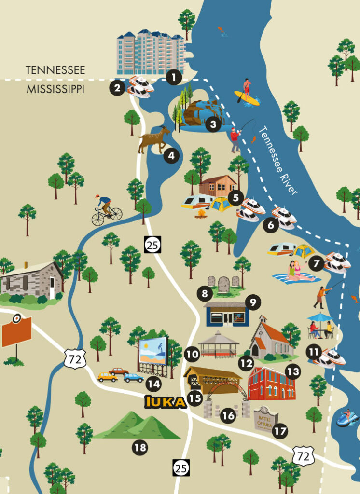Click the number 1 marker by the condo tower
[x=173, y=76]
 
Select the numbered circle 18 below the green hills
[x=140, y=448]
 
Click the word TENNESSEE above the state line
[x=55, y=70]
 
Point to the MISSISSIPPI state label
[x=55, y=89]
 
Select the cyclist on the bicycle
[x=106, y=210]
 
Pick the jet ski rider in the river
[x=346, y=417]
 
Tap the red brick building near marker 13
[x=271, y=383]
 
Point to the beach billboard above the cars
[x=152, y=351]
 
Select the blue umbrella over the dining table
[x=319, y=317]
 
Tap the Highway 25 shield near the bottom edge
[x=181, y=467]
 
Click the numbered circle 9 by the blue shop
[x=252, y=302]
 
